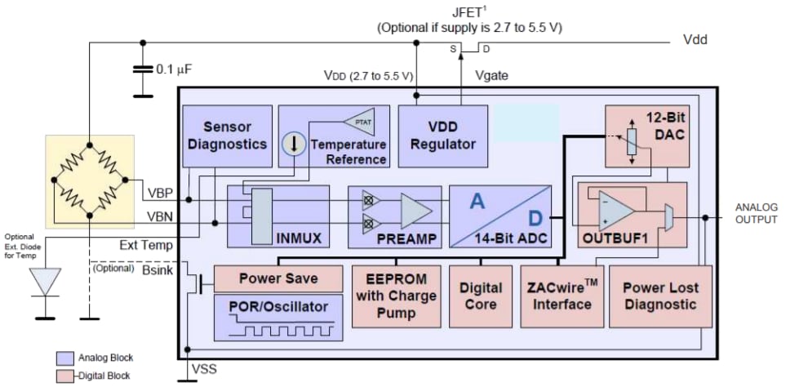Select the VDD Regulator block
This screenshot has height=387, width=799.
tap(442, 136)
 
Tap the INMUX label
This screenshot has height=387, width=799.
tap(300, 238)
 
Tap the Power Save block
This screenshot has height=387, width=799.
tap(277, 278)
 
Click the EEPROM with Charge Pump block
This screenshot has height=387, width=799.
tap(397, 294)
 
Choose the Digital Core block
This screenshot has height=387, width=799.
tap(481, 296)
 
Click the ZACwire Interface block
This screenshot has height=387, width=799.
tap(562, 296)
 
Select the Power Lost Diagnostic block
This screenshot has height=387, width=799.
tap(659, 296)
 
